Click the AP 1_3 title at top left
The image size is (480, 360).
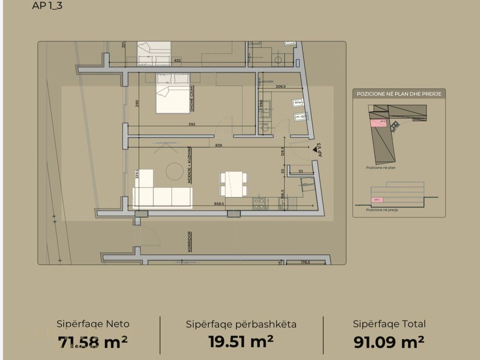coord(48,6)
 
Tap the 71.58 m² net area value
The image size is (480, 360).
coord(93,342)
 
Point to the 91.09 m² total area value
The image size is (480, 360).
coord(389,342)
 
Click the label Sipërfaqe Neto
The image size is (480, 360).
coord(93,324)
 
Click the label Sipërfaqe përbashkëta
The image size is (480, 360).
coord(241,324)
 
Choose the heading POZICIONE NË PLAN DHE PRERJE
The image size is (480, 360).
coord(399,94)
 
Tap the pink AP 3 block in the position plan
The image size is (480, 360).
coord(378,122)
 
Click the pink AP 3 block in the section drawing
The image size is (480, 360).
coord(377,199)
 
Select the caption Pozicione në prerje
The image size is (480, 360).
coord(382,210)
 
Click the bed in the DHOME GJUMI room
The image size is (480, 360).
coord(172,94)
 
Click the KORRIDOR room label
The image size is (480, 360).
coord(190,242)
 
